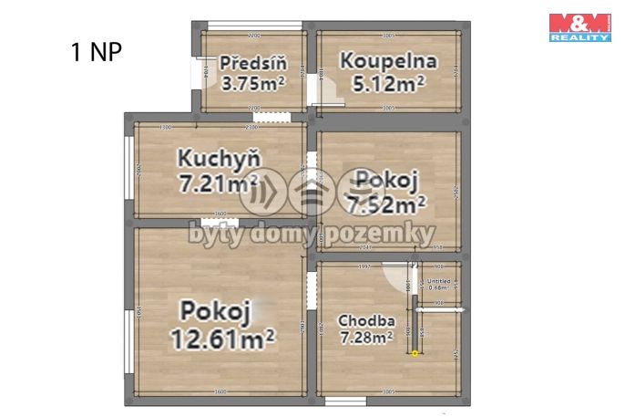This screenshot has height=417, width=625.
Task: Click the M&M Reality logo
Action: [579, 27]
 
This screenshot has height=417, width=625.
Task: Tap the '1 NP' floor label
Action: [95, 50]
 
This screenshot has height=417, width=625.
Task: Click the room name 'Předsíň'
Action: [253, 64]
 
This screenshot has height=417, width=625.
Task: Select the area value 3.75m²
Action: [253, 84]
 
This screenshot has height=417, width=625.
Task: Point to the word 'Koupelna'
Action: [388, 62]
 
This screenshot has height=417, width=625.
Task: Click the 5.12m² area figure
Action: [388, 84]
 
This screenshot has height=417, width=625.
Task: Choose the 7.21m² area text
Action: [219, 182]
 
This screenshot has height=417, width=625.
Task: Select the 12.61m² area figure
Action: [223, 339]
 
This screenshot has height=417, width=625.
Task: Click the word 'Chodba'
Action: [366, 320]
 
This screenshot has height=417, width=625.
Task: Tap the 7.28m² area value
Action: [366, 339]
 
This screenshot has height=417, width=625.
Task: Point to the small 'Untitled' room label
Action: [439, 282]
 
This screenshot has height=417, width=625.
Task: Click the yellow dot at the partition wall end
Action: [415, 353]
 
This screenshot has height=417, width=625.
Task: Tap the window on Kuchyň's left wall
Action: [130, 169]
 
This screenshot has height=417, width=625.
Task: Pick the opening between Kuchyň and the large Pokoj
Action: [219, 222]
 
